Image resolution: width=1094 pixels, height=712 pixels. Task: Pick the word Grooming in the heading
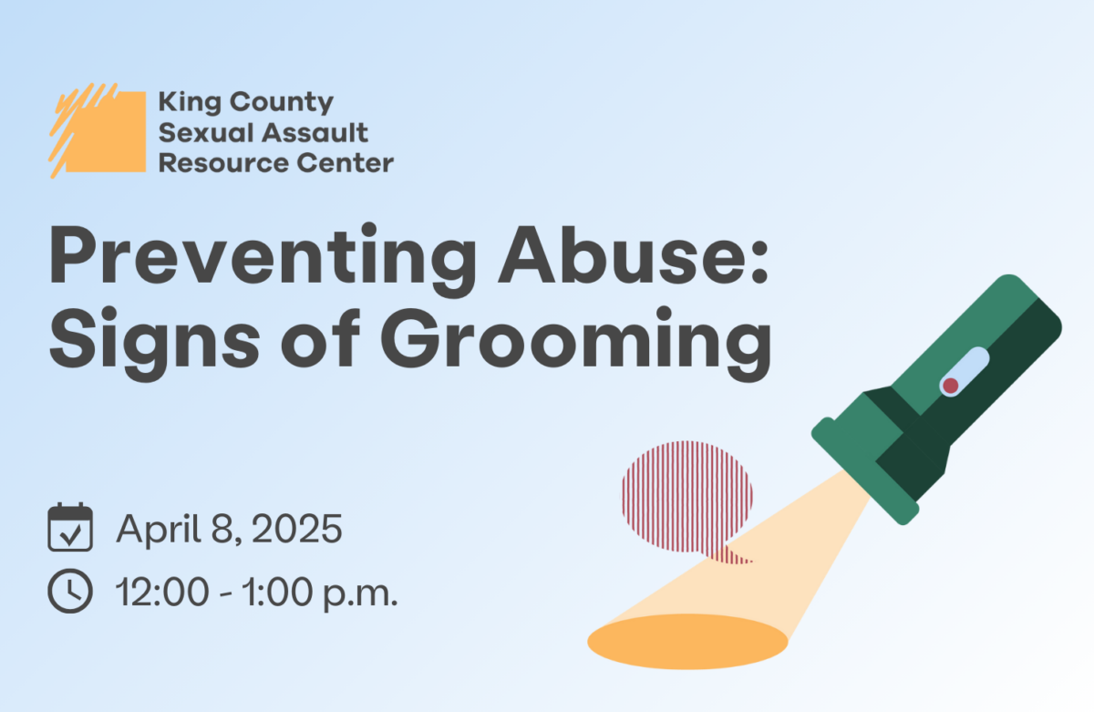tap(576, 344)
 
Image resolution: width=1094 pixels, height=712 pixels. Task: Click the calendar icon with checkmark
tap(70, 527)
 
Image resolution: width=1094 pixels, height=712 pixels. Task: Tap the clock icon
tap(70, 591)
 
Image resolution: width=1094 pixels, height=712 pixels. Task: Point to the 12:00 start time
tap(163, 592)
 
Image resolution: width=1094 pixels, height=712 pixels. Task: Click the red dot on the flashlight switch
tap(950, 386)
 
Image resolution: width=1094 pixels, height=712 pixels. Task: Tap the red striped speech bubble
tap(687, 501)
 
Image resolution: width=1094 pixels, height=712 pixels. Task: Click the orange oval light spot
tap(687, 641)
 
